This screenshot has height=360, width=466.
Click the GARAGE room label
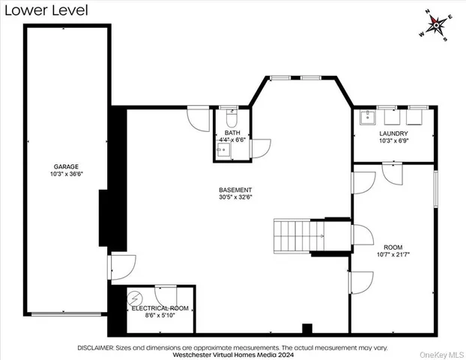(66, 166)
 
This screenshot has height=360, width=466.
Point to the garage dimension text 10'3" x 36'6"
(66, 174)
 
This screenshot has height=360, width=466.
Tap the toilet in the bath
(231, 120)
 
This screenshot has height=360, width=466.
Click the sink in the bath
(224, 150)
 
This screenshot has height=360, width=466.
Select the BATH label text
(232, 133)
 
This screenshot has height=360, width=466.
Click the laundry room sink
(368, 117)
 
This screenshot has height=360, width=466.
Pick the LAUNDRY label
(393, 133)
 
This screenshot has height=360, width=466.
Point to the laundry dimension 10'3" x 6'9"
(393, 141)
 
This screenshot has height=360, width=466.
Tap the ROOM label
(393, 247)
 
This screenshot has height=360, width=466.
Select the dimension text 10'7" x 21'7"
(393, 254)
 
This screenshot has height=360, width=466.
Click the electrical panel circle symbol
(136, 296)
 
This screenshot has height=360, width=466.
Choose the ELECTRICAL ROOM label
(160, 308)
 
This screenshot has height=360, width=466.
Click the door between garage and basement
(120, 265)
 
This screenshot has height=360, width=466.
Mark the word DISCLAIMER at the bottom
(94, 348)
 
